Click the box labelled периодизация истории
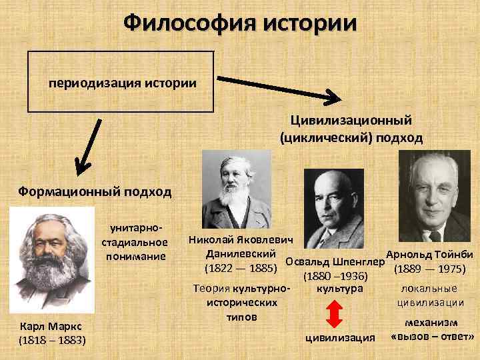[x=121, y=84]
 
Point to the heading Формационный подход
[x=94, y=192]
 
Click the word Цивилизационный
[x=351, y=120]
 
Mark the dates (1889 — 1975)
[x=430, y=270]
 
